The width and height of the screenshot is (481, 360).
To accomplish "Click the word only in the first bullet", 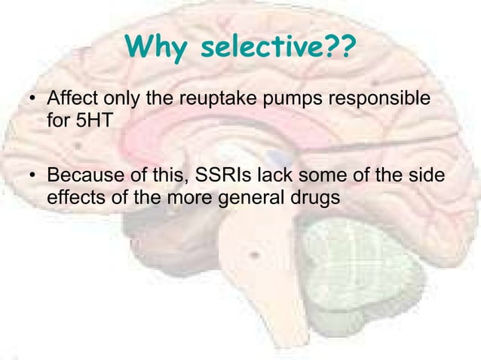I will [x=119, y=100].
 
